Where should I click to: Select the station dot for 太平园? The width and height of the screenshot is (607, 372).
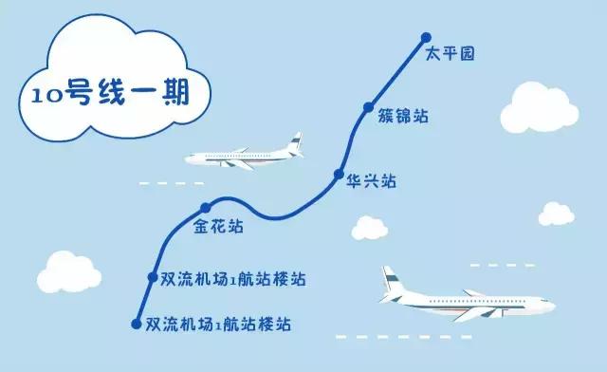pos(425,39)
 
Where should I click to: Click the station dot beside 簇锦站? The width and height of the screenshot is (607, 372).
pos(368,109)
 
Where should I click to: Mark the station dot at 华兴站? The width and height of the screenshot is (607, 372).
pos(337,175)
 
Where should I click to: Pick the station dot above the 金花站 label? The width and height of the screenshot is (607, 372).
pos(204,209)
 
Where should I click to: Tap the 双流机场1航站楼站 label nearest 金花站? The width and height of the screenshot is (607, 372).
pos(233,279)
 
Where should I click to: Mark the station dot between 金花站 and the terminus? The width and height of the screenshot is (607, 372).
pos(152,277)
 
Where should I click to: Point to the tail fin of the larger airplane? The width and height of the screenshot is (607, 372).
pos(388,281)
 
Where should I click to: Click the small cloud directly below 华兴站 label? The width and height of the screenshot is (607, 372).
pos(367,228)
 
